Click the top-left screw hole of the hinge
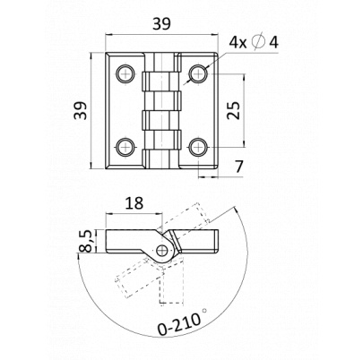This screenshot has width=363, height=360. click(125, 73)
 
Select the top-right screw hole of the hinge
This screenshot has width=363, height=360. click(199, 73)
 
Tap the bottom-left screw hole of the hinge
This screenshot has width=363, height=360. click(125, 147)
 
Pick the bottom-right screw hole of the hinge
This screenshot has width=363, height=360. click(199, 147)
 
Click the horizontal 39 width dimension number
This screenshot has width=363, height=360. click(161, 24)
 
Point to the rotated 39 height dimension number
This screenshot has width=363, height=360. click(81, 110)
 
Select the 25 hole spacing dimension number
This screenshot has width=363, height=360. click(233, 110)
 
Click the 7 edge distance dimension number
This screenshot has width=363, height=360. click(238, 167)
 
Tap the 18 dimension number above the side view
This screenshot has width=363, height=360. click(134, 203)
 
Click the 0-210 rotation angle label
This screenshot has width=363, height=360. click(178, 324)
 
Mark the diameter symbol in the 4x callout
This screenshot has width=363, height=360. click(259, 42)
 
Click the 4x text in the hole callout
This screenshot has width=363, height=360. click(238, 43)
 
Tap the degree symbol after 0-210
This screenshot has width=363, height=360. click(204, 311)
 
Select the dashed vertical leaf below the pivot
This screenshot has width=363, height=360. click(171, 284)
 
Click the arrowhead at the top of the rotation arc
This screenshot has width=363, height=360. click(236, 210)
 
